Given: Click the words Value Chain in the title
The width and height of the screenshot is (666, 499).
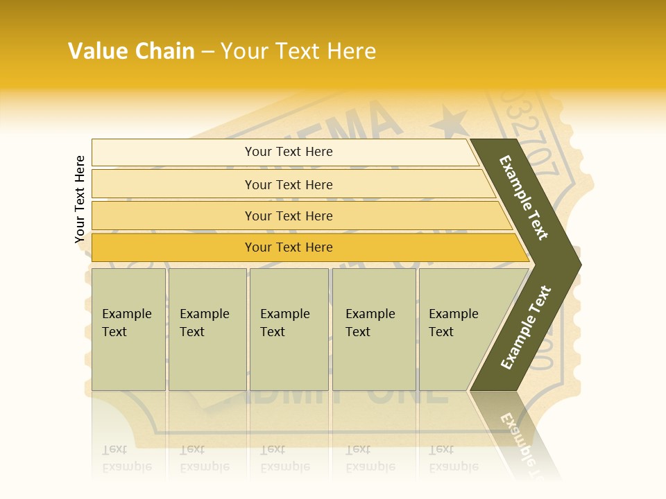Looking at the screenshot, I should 131,51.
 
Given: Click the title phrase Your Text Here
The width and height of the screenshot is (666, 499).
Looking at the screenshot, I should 298,51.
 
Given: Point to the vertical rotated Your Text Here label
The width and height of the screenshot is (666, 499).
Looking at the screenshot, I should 80,199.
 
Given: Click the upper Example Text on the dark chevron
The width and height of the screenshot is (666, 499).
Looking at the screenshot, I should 524,198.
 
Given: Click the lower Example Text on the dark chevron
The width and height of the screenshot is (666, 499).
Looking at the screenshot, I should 526,328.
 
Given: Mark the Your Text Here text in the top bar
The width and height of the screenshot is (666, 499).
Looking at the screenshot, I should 289,152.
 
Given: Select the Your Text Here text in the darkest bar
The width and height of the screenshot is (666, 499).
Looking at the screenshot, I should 289,247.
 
